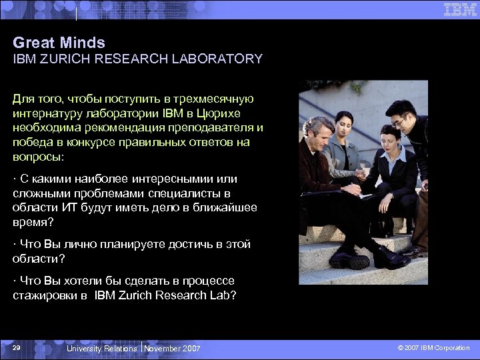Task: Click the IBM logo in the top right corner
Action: click(460, 9)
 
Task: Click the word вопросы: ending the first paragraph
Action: click(38, 156)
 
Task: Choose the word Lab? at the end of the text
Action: click(221, 295)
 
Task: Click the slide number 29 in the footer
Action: click(17, 348)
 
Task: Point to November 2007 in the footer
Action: click(172, 349)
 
